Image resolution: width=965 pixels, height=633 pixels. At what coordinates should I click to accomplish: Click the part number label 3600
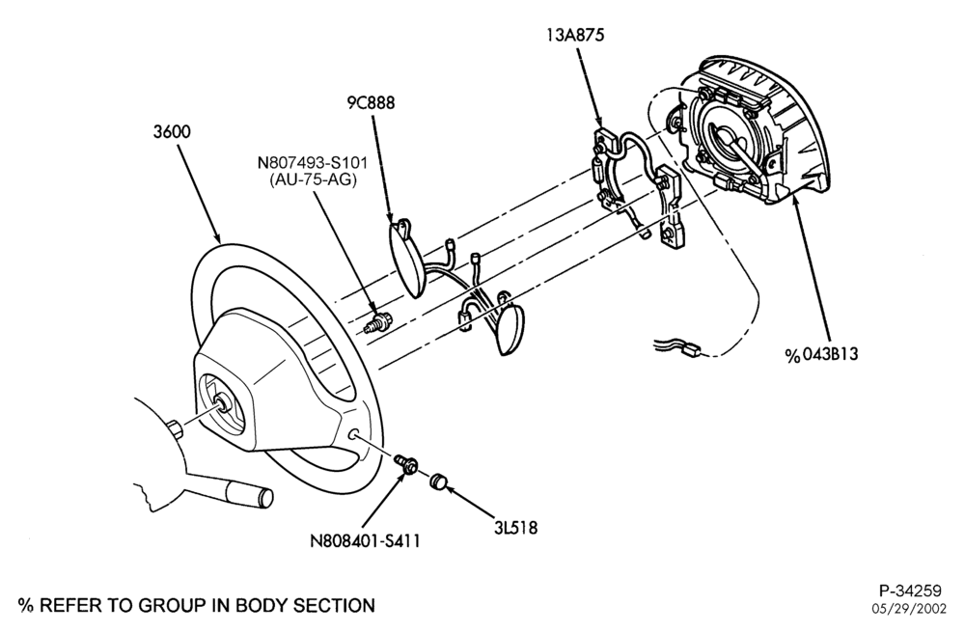(172, 131)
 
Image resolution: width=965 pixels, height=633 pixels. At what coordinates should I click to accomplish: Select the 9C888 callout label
(371, 102)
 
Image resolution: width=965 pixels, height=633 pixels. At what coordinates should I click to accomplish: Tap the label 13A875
(575, 35)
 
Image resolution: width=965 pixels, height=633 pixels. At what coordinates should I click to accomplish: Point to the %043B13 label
(821, 355)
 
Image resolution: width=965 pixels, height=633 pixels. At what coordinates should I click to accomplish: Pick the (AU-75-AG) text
(313, 180)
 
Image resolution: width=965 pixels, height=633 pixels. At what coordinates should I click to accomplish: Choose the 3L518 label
(515, 527)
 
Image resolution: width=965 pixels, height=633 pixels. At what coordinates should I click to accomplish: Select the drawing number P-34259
(910, 592)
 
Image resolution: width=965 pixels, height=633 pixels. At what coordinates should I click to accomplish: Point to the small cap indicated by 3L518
(437, 482)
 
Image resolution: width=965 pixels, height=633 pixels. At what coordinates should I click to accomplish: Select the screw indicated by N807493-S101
(376, 322)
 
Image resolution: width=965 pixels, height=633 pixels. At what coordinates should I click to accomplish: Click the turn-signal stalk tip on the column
(266, 495)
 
